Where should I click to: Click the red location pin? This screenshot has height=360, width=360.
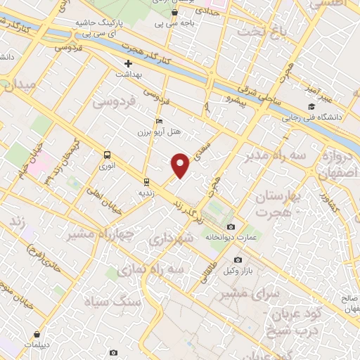click(181, 164)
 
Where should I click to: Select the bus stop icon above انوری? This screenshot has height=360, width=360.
click(107, 155)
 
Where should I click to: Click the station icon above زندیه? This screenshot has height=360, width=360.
click(146, 179)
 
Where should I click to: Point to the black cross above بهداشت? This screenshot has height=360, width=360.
click(128, 63)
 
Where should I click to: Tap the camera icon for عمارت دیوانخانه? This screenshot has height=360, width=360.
click(231, 226)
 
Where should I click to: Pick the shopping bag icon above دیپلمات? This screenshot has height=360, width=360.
click(36, 335)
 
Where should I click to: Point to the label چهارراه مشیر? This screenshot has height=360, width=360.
click(101, 235)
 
